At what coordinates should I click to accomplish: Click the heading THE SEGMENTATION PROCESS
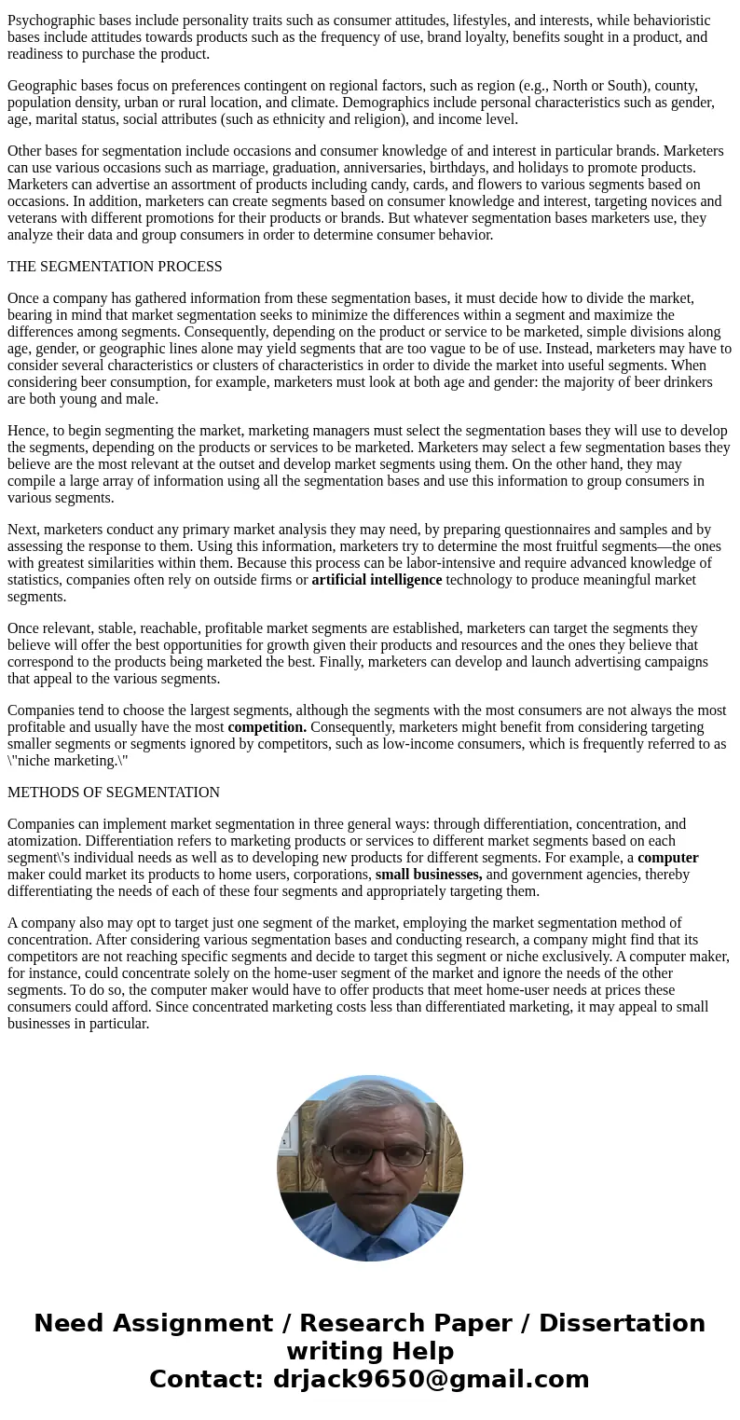click(x=115, y=267)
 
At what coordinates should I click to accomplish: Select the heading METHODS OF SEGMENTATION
click(x=114, y=793)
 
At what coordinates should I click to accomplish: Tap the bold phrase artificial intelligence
click(x=377, y=580)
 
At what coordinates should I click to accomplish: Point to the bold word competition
click(x=267, y=727)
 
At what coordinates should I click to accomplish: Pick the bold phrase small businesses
click(x=429, y=875)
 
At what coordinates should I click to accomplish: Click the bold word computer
click(x=667, y=858)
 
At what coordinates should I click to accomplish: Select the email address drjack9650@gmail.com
click(x=431, y=1379)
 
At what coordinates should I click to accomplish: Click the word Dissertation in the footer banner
click(x=622, y=1323)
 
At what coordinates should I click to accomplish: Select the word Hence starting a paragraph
click(x=26, y=431)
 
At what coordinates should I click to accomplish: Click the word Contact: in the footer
click(x=207, y=1379)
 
